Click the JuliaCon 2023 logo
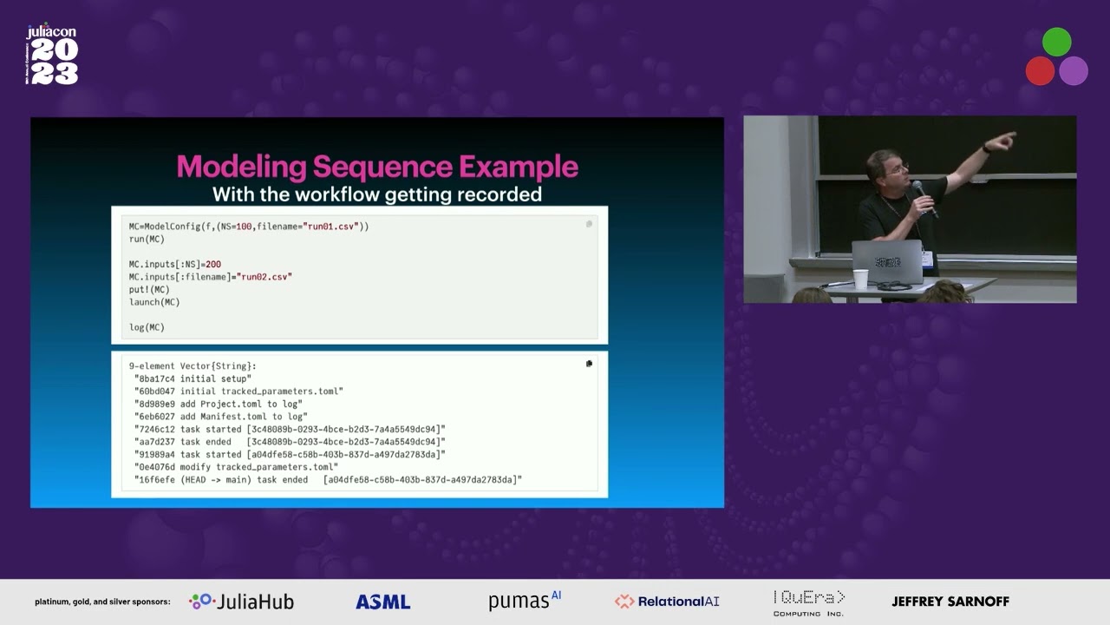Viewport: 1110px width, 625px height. click(53, 55)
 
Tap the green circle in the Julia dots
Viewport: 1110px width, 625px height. click(1056, 43)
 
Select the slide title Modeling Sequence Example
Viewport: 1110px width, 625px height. click(377, 167)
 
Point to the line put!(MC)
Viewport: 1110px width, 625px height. click(149, 289)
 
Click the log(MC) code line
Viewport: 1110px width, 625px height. click(147, 327)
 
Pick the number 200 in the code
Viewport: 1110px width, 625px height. click(213, 264)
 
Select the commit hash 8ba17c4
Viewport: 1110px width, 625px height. click(155, 378)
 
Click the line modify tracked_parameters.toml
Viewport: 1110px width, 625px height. click(258, 467)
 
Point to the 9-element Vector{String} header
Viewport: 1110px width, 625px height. click(193, 365)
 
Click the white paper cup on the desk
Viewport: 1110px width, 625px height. click(860, 280)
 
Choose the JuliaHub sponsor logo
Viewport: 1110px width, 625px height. click(242, 602)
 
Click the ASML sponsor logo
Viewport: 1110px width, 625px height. click(382, 602)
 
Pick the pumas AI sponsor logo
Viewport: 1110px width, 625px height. click(525, 601)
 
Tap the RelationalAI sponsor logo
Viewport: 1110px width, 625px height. click(667, 602)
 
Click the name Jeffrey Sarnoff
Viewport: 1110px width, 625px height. click(950, 602)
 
